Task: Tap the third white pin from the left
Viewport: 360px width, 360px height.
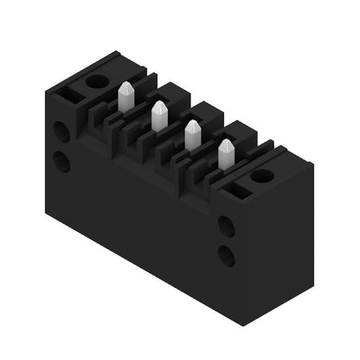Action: [x=192, y=135]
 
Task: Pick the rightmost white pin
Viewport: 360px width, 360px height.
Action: [x=226, y=154]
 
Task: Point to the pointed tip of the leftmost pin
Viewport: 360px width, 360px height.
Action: [x=125, y=85]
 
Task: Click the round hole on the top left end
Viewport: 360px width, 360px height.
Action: [x=97, y=80]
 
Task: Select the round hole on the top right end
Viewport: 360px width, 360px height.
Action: [x=261, y=176]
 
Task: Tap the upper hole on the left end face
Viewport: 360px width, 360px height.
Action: [x=61, y=132]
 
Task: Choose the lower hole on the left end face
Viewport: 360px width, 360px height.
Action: [x=61, y=161]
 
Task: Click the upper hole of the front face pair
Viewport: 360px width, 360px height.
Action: [x=226, y=227]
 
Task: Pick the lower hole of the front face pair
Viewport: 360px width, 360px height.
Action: [x=226, y=256]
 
